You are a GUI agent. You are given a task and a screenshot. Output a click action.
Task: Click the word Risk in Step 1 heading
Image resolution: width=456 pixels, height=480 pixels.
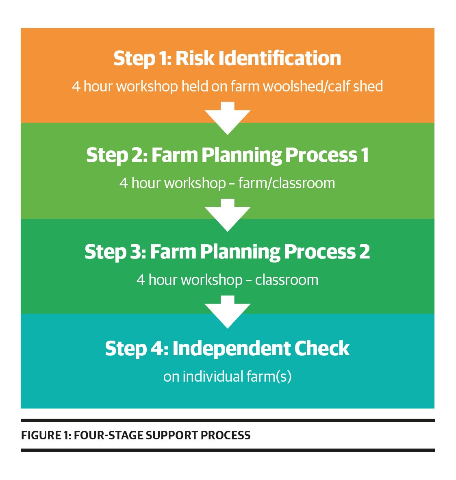pos(195,58)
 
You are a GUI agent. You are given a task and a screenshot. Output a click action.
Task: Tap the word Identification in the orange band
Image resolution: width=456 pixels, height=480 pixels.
pos(280,58)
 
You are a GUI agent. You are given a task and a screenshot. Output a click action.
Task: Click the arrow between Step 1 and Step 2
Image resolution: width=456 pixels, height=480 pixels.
pos(227,118)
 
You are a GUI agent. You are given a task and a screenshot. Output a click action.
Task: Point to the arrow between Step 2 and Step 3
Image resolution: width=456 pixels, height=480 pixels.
pos(227,215)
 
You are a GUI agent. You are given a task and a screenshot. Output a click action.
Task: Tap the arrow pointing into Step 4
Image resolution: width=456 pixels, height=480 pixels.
pos(227,312)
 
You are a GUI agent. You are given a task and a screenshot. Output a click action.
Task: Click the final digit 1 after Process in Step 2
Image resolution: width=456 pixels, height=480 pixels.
pos(365,155)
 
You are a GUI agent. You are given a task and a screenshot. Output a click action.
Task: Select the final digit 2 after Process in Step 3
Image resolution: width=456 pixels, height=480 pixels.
pos(365,252)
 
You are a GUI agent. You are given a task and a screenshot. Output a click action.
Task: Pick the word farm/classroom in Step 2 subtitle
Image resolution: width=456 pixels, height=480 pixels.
pos(287,183)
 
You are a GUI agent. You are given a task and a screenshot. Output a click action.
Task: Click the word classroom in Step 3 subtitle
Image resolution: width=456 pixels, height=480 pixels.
pos(287,280)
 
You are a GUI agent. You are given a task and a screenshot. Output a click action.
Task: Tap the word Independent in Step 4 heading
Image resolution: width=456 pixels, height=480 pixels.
pos(231,348)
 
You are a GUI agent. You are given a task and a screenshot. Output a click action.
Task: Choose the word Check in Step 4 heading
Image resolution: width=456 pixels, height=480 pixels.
pos(321,348)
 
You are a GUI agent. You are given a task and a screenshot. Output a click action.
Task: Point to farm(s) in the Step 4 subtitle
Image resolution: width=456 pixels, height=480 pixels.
pos(269,377)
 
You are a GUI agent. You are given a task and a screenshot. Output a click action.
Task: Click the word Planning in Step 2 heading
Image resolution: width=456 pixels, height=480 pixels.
pos(241,156)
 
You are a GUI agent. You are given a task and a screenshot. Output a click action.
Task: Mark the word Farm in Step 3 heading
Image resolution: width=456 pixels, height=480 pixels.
pos(173,252)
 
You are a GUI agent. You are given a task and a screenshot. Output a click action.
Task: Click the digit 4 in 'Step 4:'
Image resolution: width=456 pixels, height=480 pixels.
pos(156,348)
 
